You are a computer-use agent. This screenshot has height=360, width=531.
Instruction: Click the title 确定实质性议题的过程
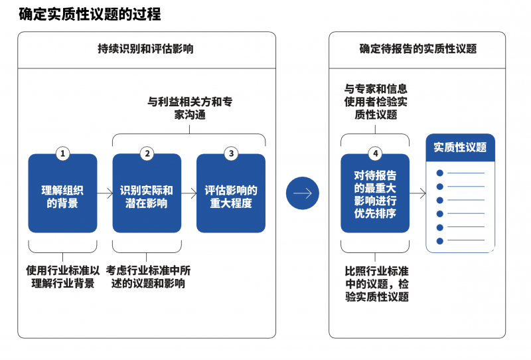click(90, 14)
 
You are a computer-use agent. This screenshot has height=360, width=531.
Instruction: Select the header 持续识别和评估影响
click(145, 48)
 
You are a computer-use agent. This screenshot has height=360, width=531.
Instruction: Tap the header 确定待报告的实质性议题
click(418, 48)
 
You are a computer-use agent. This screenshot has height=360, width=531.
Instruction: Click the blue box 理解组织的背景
click(62, 193)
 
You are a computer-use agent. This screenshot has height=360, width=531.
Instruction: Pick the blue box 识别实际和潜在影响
click(147, 193)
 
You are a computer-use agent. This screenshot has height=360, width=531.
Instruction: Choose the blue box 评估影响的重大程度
click(231, 193)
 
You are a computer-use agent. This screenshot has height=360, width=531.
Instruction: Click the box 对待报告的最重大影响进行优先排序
click(375, 193)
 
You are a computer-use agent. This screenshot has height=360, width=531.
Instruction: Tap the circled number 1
click(62, 153)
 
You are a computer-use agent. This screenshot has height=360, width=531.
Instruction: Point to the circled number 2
click(147, 153)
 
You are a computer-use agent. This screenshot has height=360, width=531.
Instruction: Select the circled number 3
click(231, 153)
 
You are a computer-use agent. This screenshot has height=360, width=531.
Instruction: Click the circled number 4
click(375, 153)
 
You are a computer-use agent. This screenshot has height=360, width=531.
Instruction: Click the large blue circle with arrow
click(303, 193)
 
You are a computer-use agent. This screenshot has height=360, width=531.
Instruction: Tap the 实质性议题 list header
click(460, 147)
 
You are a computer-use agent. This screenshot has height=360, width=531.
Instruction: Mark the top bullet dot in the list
click(440, 173)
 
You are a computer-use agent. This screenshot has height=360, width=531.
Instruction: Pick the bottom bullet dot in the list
click(440, 241)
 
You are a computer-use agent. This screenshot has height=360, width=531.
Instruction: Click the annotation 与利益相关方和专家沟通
click(190, 108)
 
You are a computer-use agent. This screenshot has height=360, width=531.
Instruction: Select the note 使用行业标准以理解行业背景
click(62, 276)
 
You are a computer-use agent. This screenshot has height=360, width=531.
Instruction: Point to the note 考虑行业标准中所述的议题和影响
click(148, 276)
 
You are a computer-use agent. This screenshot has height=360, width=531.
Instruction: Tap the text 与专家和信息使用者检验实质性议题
click(376, 102)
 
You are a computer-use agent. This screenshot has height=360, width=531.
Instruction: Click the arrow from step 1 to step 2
click(105, 193)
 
